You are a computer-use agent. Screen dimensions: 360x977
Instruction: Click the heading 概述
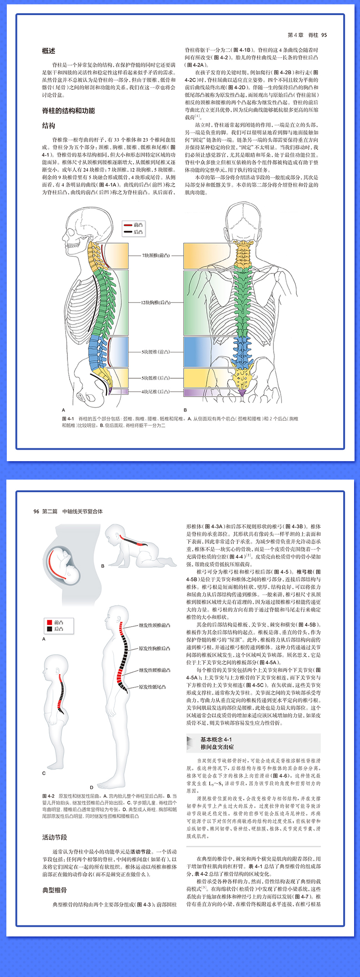click(x=49, y=51)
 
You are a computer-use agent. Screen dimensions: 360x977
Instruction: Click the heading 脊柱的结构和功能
click(x=68, y=110)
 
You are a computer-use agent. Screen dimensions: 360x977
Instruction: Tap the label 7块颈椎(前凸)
click(x=155, y=255)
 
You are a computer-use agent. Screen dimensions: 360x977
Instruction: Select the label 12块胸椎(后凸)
click(x=155, y=302)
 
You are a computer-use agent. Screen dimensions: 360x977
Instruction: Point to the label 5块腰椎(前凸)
click(x=155, y=351)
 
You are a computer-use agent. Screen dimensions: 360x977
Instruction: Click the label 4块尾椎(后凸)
click(x=155, y=391)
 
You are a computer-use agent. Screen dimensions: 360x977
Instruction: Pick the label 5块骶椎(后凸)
click(x=155, y=377)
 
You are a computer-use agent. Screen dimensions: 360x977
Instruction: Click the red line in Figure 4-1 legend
click(x=128, y=225)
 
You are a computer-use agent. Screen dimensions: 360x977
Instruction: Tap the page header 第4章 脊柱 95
click(x=307, y=35)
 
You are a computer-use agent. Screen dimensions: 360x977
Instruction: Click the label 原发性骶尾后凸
click(x=152, y=687)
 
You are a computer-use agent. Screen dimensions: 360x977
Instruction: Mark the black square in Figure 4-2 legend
click(x=49, y=629)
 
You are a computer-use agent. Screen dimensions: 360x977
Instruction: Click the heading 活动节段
click(x=55, y=837)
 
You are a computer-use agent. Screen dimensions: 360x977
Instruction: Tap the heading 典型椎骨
click(x=55, y=890)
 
